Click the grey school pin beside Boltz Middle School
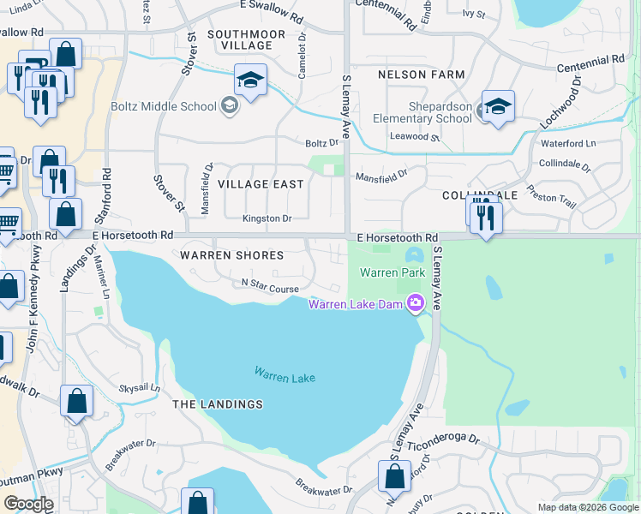point(229,106)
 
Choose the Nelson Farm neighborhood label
point(422,75)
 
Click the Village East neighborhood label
point(261,184)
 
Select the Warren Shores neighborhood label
point(231,255)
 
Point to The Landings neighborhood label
point(217,403)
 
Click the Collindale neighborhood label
point(480,195)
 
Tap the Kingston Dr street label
point(267,218)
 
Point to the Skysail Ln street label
point(140,388)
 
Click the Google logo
point(28,503)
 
